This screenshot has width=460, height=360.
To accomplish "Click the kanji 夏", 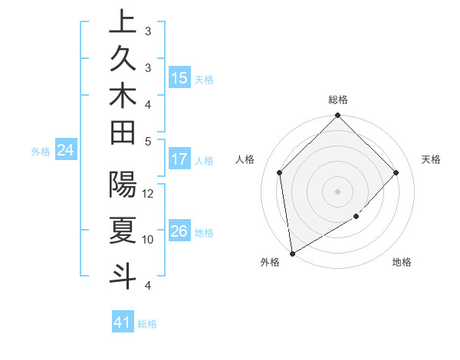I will (123, 229).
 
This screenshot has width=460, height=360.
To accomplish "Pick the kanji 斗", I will (123, 274).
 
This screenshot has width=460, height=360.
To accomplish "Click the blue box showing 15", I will (179, 78).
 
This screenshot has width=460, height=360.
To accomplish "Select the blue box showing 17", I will (179, 160).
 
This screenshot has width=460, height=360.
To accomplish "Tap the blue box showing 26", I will (179, 232).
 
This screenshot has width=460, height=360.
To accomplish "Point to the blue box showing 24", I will (66, 151).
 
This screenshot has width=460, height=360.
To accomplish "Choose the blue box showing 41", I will (123, 323).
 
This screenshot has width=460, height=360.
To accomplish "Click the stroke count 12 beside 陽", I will (149, 194).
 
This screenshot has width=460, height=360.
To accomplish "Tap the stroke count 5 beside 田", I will (149, 141).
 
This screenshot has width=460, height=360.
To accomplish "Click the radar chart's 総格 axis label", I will (338, 100).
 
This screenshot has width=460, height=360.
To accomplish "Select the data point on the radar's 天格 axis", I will (396, 172).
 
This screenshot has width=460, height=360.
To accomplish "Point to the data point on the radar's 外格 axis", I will (292, 254).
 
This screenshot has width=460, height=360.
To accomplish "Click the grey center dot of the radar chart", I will (338, 191).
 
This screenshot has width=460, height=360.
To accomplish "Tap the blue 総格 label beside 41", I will (147, 324).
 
